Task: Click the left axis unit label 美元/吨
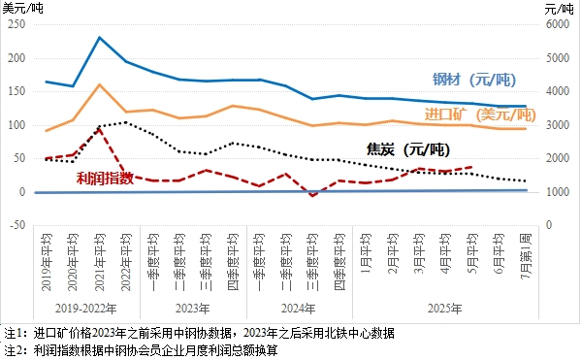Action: tap(23, 8)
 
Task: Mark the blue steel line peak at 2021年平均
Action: tap(100, 38)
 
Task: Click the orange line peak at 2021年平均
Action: tap(100, 84)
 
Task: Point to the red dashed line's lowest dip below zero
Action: tap(312, 196)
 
